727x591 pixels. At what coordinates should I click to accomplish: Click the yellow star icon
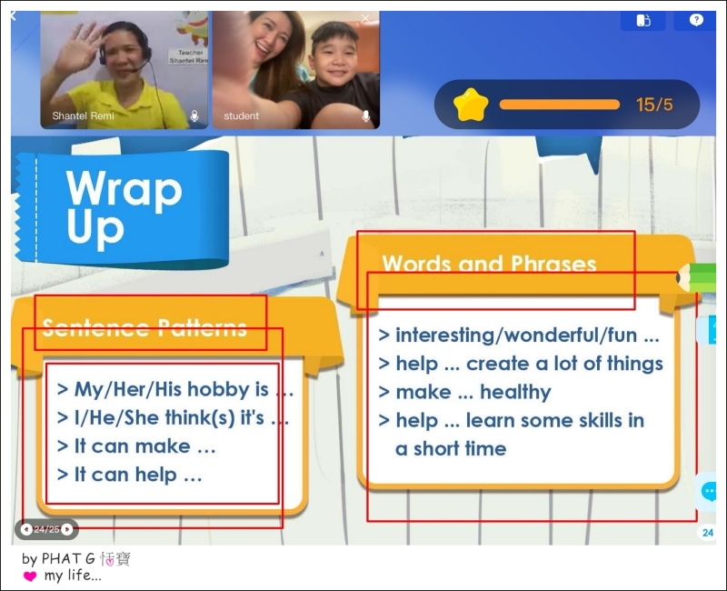pyautogui.click(x=471, y=105)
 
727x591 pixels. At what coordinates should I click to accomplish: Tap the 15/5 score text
pyautogui.click(x=654, y=105)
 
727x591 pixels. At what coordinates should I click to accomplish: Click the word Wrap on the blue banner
pyautogui.click(x=124, y=189)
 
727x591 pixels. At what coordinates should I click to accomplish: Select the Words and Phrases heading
pyautogui.click(x=489, y=264)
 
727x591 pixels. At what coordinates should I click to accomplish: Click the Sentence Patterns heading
pyautogui.click(x=144, y=327)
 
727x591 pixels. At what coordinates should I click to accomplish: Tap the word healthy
pyautogui.click(x=515, y=393)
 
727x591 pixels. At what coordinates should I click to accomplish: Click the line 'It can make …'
pyautogui.click(x=136, y=446)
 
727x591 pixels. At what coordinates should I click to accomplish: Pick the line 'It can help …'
pyautogui.click(x=129, y=475)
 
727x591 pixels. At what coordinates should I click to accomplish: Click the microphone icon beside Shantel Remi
pyautogui.click(x=194, y=116)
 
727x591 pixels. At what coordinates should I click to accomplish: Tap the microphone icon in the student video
pyautogui.click(x=366, y=116)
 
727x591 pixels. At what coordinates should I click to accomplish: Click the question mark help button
pyautogui.click(x=696, y=20)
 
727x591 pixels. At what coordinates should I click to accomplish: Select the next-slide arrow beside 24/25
pyautogui.click(x=67, y=529)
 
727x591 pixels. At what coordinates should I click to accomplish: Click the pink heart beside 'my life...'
pyautogui.click(x=30, y=576)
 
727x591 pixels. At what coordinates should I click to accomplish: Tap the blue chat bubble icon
pyautogui.click(x=710, y=491)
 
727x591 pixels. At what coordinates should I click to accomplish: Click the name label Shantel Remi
pyautogui.click(x=83, y=116)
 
